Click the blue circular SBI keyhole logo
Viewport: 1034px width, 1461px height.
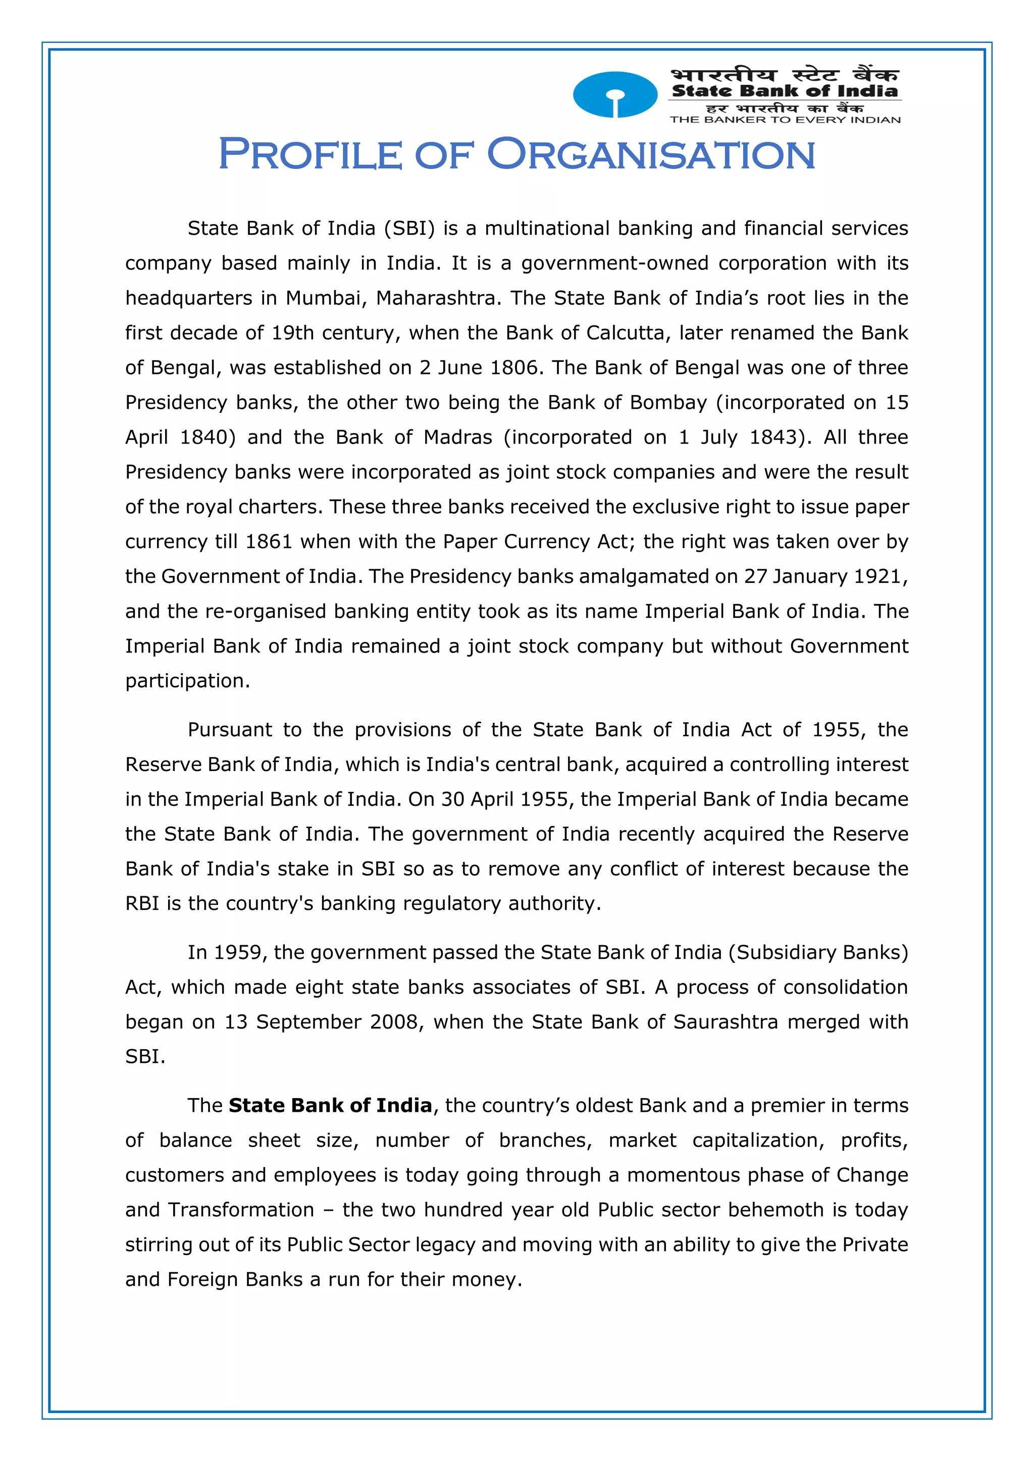pos(614,95)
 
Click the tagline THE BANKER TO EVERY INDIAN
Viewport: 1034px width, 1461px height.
pos(785,120)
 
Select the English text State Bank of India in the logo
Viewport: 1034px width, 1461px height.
pos(785,91)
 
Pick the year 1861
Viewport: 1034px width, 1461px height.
pos(269,542)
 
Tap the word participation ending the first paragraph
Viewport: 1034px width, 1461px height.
pos(187,681)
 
